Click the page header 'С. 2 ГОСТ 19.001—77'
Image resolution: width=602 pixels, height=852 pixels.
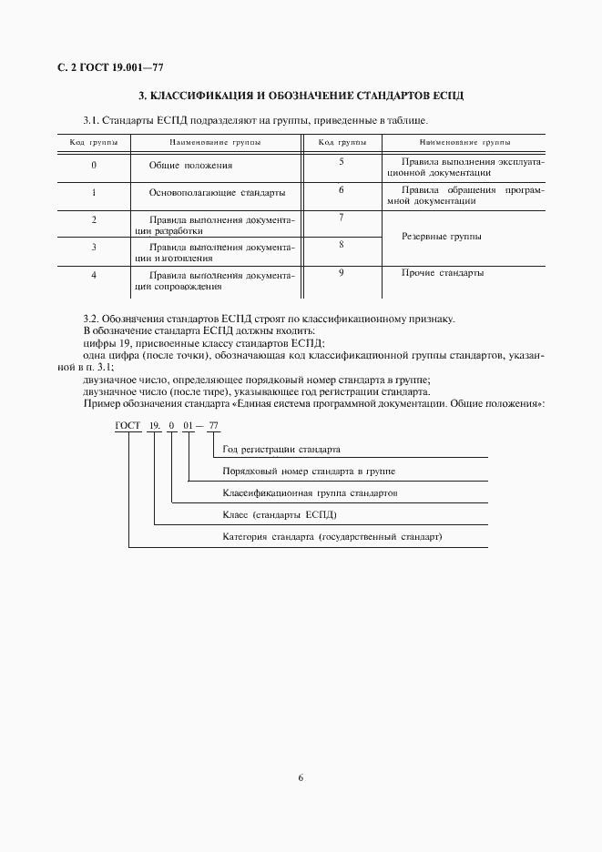tap(110, 68)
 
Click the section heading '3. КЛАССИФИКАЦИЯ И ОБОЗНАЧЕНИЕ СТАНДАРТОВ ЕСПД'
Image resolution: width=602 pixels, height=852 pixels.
tap(301, 96)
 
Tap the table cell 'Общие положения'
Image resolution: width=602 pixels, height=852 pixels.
tap(190, 166)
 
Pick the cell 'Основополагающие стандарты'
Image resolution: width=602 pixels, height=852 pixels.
tap(217, 193)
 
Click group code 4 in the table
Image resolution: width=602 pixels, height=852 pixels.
tap(94, 275)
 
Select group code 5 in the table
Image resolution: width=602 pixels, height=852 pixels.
tap(341, 161)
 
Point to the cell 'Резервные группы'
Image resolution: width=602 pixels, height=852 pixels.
tap(441, 237)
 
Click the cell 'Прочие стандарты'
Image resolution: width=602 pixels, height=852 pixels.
tap(443, 272)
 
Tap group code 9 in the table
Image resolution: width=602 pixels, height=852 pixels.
tap(341, 271)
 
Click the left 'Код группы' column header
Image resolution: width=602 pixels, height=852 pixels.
tap(94, 143)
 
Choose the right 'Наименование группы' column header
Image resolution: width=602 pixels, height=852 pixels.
tap(464, 143)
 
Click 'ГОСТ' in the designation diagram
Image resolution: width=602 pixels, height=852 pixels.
tap(128, 426)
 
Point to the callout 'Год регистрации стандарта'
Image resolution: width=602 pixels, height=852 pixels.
tap(281, 450)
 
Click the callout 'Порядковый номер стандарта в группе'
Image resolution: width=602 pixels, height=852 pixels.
tap(309, 472)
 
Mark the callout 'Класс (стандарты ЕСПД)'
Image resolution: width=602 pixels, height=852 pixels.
tap(280, 515)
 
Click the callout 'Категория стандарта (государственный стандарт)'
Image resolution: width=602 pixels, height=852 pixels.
tap(332, 537)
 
